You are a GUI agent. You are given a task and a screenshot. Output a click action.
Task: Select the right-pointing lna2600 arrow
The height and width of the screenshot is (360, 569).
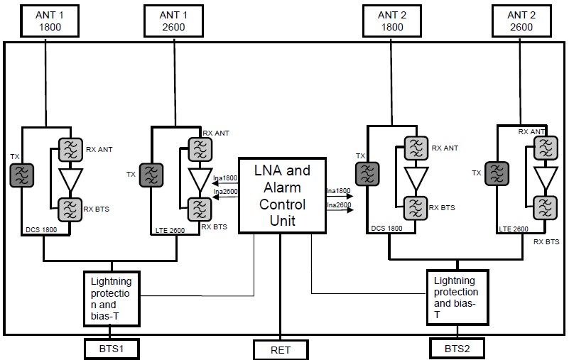point(340,209)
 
